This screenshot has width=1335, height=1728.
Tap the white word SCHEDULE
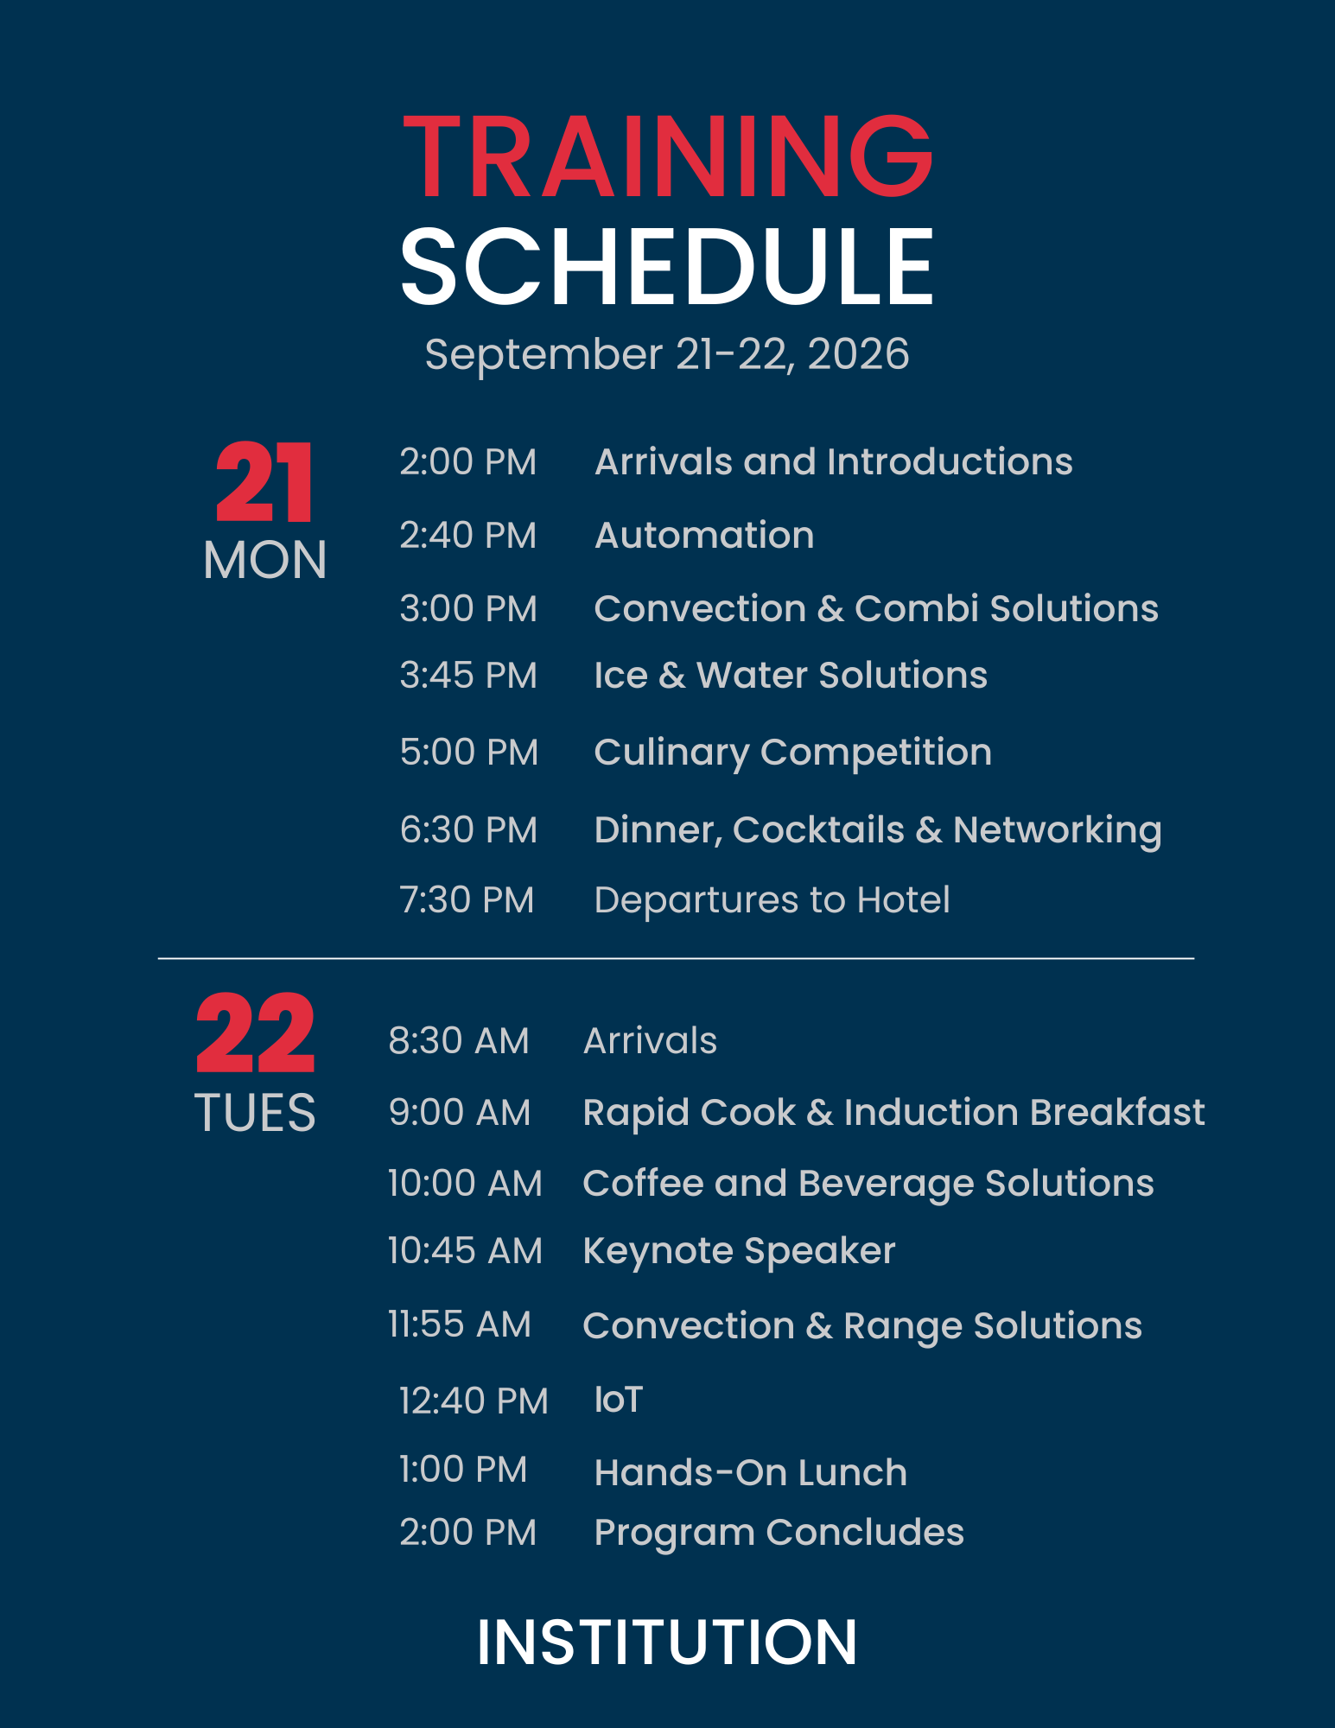coord(667,267)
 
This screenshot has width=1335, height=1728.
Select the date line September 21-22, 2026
coord(667,355)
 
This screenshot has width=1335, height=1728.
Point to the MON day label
coord(264,561)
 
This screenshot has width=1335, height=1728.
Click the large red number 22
coord(255,1033)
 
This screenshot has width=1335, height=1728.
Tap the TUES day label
coord(255,1113)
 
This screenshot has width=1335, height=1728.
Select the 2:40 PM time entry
coord(467,536)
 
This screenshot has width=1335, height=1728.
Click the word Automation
coord(704,536)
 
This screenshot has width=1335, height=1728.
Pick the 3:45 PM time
coord(468,676)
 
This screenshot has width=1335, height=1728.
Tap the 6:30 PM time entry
coord(468,830)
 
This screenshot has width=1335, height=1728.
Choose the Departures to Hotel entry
coord(772,900)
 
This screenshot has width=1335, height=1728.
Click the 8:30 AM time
coord(458,1041)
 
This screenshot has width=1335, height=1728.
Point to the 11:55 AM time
coord(459,1325)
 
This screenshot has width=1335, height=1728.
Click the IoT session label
coord(619,1400)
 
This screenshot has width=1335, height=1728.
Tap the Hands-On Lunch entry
coord(751,1473)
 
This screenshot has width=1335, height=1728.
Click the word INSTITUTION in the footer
coord(667,1642)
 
